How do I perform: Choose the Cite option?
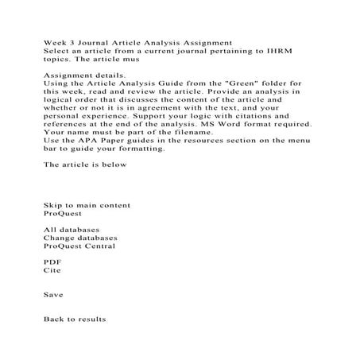(51, 271)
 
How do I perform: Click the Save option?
(52, 294)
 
